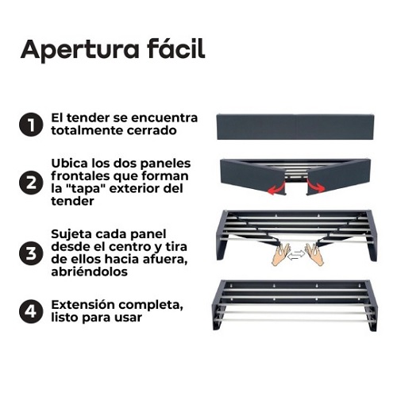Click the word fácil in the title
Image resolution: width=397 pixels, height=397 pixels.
[176, 48]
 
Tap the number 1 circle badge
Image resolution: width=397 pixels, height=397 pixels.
[31, 125]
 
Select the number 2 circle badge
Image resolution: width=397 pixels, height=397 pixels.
[31, 183]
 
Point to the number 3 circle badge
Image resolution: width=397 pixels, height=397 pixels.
[31, 253]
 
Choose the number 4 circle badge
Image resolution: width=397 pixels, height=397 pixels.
[31, 311]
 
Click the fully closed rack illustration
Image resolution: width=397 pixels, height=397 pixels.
[295, 127]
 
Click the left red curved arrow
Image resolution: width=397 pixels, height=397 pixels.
[276, 187]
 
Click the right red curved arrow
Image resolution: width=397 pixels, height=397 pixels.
[315, 185]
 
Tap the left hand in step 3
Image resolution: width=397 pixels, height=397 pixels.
[281, 255]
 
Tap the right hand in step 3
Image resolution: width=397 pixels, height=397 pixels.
[314, 255]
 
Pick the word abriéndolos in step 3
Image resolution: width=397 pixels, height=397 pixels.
[90, 272]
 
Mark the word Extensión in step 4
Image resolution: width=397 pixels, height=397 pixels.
[83, 305]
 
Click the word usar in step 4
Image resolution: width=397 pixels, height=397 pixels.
[129, 318]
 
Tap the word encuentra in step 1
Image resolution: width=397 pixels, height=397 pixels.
[164, 118]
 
